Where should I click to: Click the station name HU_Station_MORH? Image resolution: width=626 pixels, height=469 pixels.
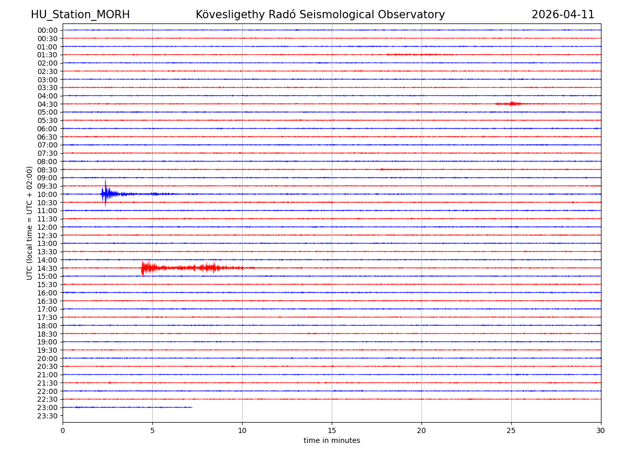tap(80, 15)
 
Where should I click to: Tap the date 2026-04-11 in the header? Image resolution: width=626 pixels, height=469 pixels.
tap(563, 15)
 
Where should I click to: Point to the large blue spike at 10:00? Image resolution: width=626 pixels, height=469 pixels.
tap(105, 193)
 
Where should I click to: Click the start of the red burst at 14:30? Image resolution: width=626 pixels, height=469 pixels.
tap(142, 268)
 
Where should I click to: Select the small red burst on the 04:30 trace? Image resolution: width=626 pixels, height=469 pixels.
tap(512, 104)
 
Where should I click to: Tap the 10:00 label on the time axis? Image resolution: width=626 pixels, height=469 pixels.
tap(47, 194)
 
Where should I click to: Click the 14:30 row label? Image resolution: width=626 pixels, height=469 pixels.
tap(47, 268)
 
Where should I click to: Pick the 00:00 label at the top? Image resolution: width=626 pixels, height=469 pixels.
tap(47, 30)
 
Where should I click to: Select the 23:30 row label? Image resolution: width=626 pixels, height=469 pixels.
tap(47, 416)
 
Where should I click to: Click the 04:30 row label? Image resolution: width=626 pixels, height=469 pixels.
tap(47, 104)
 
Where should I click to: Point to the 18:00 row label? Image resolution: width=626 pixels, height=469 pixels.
tap(47, 326)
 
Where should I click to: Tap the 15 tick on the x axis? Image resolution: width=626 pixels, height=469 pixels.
tap(332, 431)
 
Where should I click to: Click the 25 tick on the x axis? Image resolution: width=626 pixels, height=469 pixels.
tap(511, 431)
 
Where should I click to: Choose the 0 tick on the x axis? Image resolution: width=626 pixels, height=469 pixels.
tap(63, 431)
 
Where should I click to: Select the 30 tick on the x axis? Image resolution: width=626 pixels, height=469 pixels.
tap(601, 431)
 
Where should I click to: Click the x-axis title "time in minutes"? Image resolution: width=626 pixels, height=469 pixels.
tap(332, 441)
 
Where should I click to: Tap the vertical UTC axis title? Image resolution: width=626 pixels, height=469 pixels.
tap(30, 223)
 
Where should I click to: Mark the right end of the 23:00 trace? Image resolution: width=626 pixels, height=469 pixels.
tap(192, 407)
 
